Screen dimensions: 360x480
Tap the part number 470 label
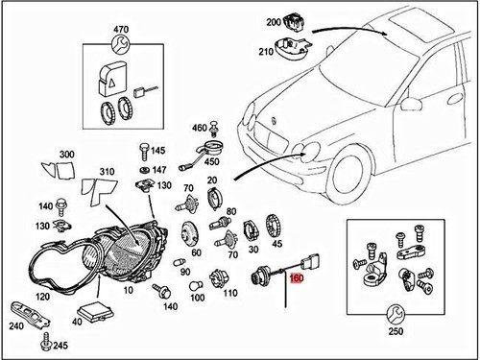(x=121, y=32)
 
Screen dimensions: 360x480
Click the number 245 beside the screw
(x=60, y=345)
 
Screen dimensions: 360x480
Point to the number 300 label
(x=66, y=155)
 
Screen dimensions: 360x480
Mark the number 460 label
(x=199, y=128)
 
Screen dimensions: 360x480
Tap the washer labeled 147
(x=144, y=169)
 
